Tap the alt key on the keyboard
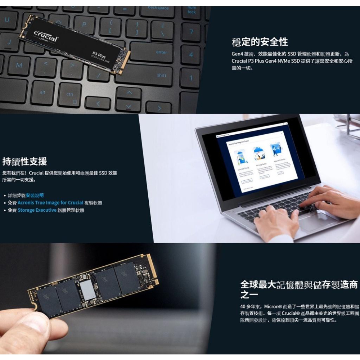coord(42,93)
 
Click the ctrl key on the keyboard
coord(69,95)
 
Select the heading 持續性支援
coord(24,161)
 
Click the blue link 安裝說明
coord(37,195)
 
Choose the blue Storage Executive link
coord(37,210)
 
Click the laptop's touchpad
coord(317,222)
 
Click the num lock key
coord(192,10)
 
